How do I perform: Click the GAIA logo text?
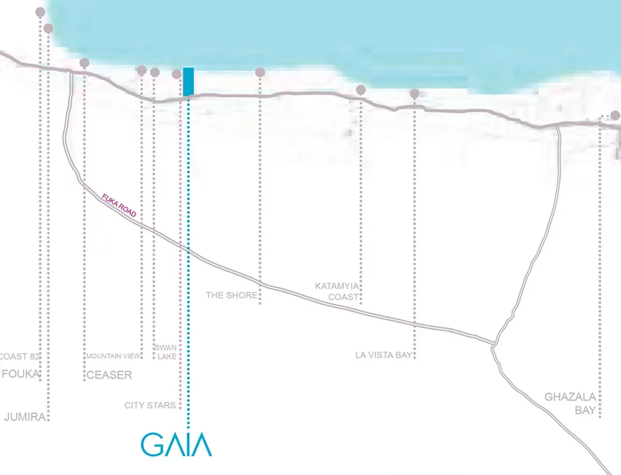pyautogui.click(x=176, y=445)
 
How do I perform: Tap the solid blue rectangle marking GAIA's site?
pyautogui.click(x=188, y=81)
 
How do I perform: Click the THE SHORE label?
pyautogui.click(x=231, y=295)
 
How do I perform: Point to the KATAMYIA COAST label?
pyautogui.click(x=337, y=291)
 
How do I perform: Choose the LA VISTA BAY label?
pyautogui.click(x=383, y=355)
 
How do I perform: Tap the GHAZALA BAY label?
pyautogui.click(x=570, y=404)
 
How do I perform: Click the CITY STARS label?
pyautogui.click(x=150, y=405)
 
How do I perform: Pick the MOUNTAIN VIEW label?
pyautogui.click(x=113, y=356)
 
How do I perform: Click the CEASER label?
pyautogui.click(x=109, y=375)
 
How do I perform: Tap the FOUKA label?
pyautogui.click(x=21, y=374)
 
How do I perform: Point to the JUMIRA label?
pyautogui.click(x=25, y=417)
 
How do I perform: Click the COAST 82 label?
pyautogui.click(x=19, y=356)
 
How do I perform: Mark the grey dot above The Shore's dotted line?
pyautogui.click(x=260, y=72)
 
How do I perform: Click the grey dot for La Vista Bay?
pyautogui.click(x=415, y=94)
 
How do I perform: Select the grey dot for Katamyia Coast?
pyautogui.click(x=361, y=90)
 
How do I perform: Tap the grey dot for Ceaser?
pyautogui.click(x=84, y=63)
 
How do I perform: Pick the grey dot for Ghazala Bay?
pyautogui.click(x=615, y=115)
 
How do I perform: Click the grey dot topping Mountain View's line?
pyautogui.click(x=141, y=70)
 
